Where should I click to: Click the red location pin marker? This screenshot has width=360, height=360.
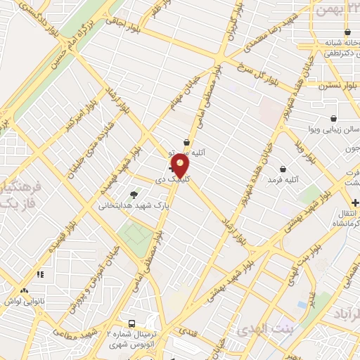(x=181, y=166)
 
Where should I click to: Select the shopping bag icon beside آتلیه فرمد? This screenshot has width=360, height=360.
(x=283, y=169)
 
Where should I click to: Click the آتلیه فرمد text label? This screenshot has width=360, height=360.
(x=283, y=181)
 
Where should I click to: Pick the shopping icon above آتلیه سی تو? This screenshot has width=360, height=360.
(x=186, y=142)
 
